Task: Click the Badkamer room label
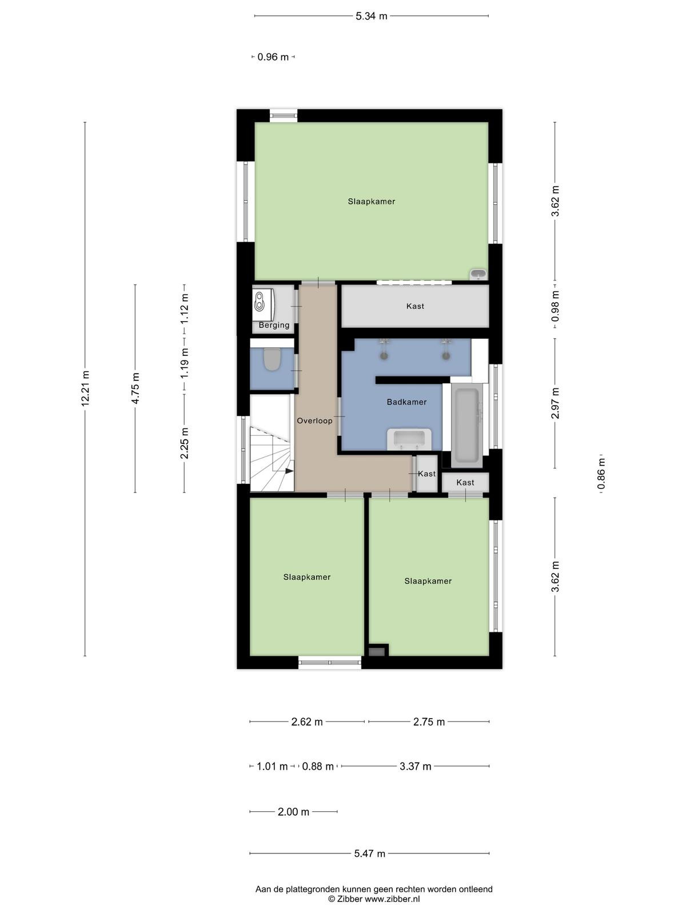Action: click(x=406, y=402)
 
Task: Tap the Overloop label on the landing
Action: click(x=314, y=420)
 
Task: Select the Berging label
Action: click(x=274, y=325)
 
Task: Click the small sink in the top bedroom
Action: click(x=478, y=274)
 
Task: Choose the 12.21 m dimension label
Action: click(x=85, y=388)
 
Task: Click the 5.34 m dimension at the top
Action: click(x=371, y=16)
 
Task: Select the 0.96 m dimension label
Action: click(x=273, y=57)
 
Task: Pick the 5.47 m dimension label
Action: click(x=369, y=853)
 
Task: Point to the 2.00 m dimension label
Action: click(x=293, y=812)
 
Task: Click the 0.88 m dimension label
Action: click(x=317, y=766)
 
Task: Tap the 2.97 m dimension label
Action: click(x=555, y=403)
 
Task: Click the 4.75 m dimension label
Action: click(x=135, y=388)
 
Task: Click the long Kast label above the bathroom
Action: click(x=415, y=306)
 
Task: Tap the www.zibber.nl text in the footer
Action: click(x=392, y=899)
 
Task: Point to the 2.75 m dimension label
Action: click(x=429, y=721)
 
